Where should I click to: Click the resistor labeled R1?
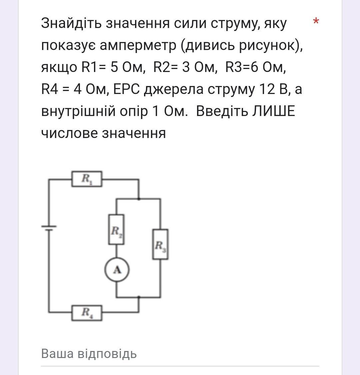pyautogui.click(x=87, y=179)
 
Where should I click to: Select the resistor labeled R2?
pyautogui.click(x=116, y=229)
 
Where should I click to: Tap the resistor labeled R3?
pyautogui.click(x=160, y=244)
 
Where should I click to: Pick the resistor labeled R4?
pyautogui.click(x=87, y=313)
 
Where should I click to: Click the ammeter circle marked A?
pyautogui.click(x=117, y=270)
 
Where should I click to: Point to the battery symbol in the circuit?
pyautogui.click(x=49, y=228)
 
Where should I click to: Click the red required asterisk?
pyautogui.click(x=316, y=21)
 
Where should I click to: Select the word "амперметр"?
pyautogui.click(x=138, y=46)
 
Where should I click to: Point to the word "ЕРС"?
pyautogui.click(x=127, y=89)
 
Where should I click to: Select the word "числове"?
pyautogui.click(x=70, y=134)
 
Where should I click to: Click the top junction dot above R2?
pyautogui.click(x=139, y=199)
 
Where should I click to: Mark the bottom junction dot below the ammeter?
pyautogui.click(x=139, y=297)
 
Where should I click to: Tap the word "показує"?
pyautogui.click(x=68, y=46)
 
